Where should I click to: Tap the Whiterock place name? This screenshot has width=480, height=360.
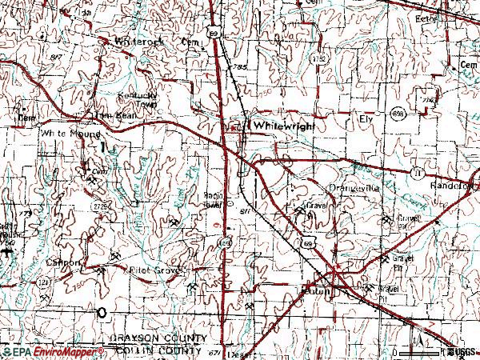(x=138, y=40)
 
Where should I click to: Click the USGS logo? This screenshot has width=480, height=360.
(x=463, y=351)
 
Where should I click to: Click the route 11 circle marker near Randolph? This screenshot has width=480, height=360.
(x=416, y=172)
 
